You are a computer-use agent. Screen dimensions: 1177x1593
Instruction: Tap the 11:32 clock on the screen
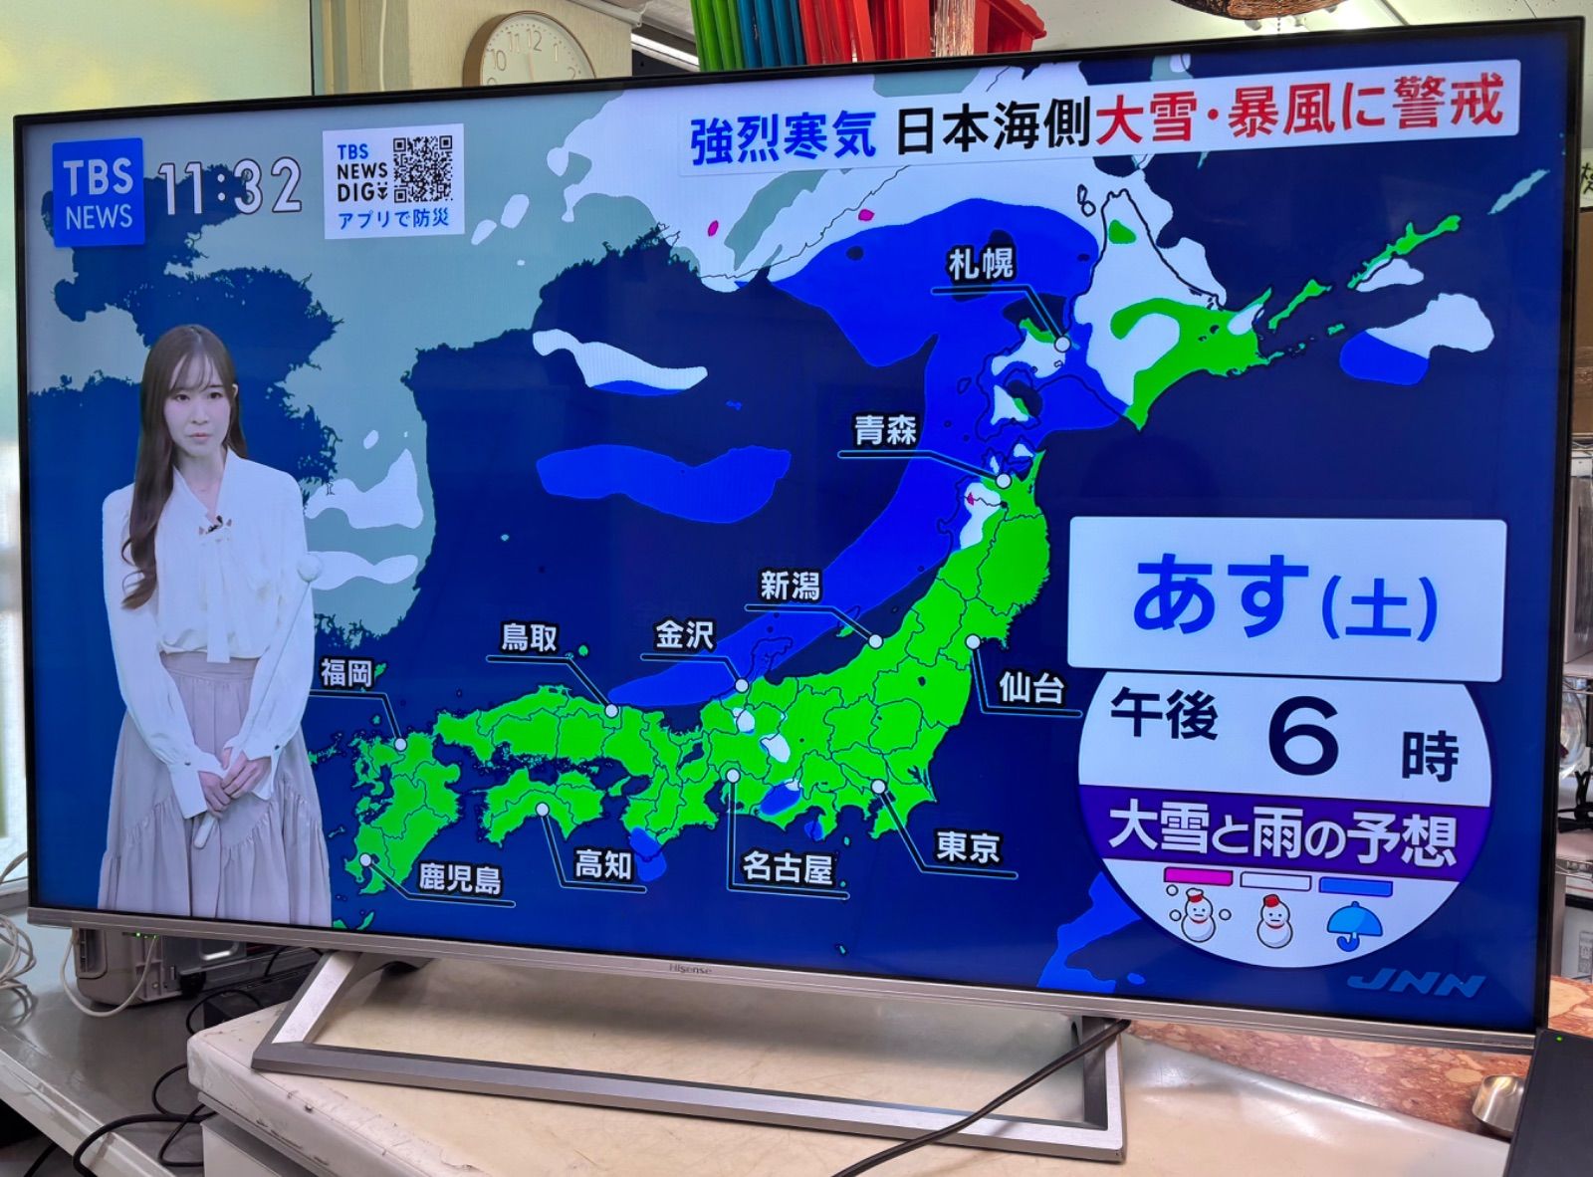[231, 186]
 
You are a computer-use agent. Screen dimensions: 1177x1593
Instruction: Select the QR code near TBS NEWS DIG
[422, 167]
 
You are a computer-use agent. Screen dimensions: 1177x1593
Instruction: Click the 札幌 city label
[981, 264]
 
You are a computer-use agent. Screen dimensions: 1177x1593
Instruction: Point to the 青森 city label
[885, 431]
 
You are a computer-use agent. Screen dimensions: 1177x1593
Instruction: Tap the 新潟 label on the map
[791, 587]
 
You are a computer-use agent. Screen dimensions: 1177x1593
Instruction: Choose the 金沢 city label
[685, 635]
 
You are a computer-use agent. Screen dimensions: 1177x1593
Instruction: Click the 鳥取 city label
[530, 637]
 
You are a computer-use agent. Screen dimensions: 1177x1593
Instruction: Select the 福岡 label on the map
[346, 674]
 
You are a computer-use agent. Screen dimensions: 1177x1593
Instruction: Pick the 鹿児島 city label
[459, 880]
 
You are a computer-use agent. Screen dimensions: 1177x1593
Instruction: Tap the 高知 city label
[603, 866]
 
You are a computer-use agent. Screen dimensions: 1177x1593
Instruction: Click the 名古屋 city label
[788, 870]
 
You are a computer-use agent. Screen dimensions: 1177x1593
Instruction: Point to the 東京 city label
[968, 848]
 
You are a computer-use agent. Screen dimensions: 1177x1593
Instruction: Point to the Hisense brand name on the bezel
[688, 968]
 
